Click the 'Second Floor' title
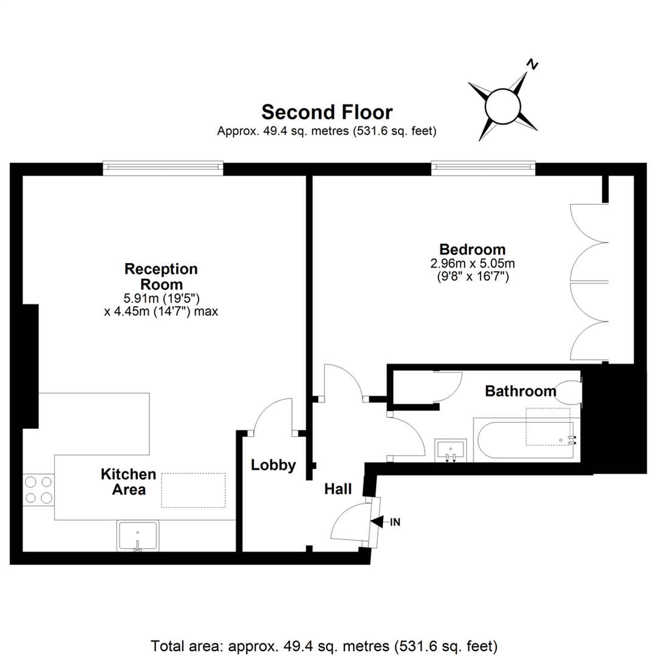point(327,112)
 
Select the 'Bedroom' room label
point(473,249)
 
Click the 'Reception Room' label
point(161,276)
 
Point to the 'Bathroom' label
point(521,391)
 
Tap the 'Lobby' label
point(273,465)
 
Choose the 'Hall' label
point(338,488)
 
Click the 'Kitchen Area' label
point(128,482)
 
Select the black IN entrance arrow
point(377,521)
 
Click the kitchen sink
point(138,536)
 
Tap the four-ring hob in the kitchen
point(38,490)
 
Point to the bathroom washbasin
point(451,449)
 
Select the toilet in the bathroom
point(570,392)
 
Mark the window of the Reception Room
point(163,168)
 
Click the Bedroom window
point(483,168)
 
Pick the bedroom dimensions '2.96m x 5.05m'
point(473,264)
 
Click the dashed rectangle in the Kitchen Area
point(193,490)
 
